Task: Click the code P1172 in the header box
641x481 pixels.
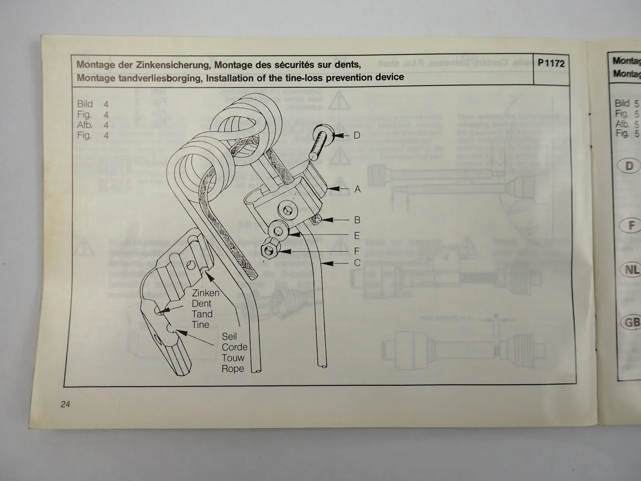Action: click(551, 64)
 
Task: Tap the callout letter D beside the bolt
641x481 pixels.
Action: click(357, 135)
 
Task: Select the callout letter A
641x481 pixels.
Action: click(357, 189)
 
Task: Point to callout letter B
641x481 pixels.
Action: click(357, 220)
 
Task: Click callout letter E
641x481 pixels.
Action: click(357, 235)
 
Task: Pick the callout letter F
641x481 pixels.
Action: click(357, 252)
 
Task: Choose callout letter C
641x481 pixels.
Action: click(357, 263)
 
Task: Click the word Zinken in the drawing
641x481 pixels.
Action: click(205, 293)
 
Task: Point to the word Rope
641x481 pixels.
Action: click(233, 369)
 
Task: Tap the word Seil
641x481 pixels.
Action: click(229, 336)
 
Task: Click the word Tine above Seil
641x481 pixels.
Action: click(200, 325)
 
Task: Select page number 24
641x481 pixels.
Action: click(65, 404)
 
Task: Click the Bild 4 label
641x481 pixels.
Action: click(93, 104)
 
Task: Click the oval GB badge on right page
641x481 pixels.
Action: click(631, 322)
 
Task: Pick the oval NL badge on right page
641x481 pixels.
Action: click(631, 270)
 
